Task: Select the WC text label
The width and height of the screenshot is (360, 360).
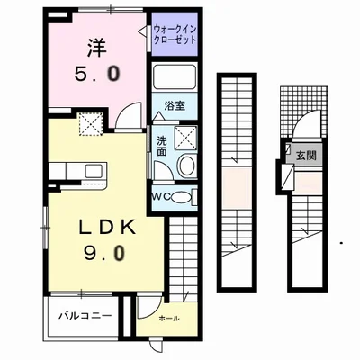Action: pos(160,197)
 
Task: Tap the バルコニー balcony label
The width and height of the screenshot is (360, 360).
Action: pos(85,316)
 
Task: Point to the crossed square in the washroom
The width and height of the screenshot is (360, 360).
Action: pos(186,137)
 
